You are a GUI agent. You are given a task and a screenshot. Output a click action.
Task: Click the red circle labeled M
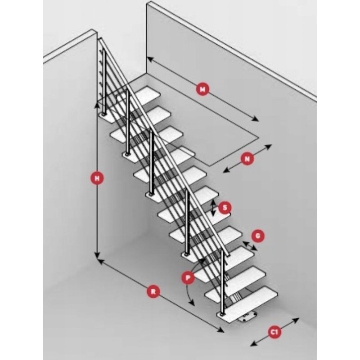click(202, 90)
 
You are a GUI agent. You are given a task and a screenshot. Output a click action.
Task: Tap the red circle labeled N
click(247, 159)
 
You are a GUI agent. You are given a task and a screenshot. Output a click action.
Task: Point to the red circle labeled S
click(225, 208)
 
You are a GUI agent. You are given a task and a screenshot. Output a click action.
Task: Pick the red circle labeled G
click(258, 236)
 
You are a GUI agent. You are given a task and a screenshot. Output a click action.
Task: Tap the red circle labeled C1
click(273, 332)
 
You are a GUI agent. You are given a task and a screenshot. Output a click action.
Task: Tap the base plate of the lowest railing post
click(221, 314)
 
